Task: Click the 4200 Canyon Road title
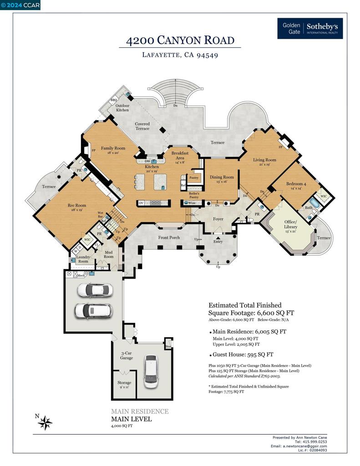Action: [180, 41]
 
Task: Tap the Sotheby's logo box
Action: [310, 28]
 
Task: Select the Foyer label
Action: [218, 219]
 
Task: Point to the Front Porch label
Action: [169, 238]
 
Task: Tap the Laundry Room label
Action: [83, 259]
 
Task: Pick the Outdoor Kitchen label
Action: [122, 107]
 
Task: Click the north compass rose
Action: [45, 423]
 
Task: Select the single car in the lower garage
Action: [151, 371]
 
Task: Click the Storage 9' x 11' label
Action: [124, 385]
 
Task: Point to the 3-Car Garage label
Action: [127, 355]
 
